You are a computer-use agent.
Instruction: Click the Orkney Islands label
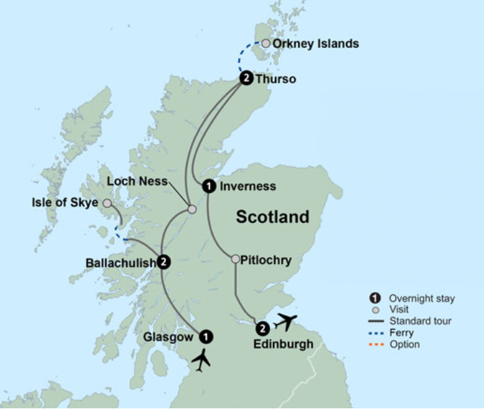click(x=315, y=44)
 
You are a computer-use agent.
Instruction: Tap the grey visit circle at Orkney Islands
click(x=266, y=44)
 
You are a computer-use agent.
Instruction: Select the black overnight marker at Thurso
click(x=246, y=79)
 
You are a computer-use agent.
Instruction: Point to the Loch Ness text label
click(x=137, y=181)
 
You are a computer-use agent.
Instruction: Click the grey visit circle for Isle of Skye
click(x=107, y=203)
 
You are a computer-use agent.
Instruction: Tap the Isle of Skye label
click(x=66, y=203)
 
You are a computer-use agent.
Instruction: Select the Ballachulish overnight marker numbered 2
click(x=163, y=261)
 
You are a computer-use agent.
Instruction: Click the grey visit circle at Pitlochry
click(x=235, y=259)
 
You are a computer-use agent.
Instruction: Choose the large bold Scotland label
click(x=272, y=217)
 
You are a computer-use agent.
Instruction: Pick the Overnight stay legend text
click(x=421, y=298)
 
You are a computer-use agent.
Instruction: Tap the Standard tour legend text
click(x=420, y=321)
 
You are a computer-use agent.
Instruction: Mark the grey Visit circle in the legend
click(x=375, y=309)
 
